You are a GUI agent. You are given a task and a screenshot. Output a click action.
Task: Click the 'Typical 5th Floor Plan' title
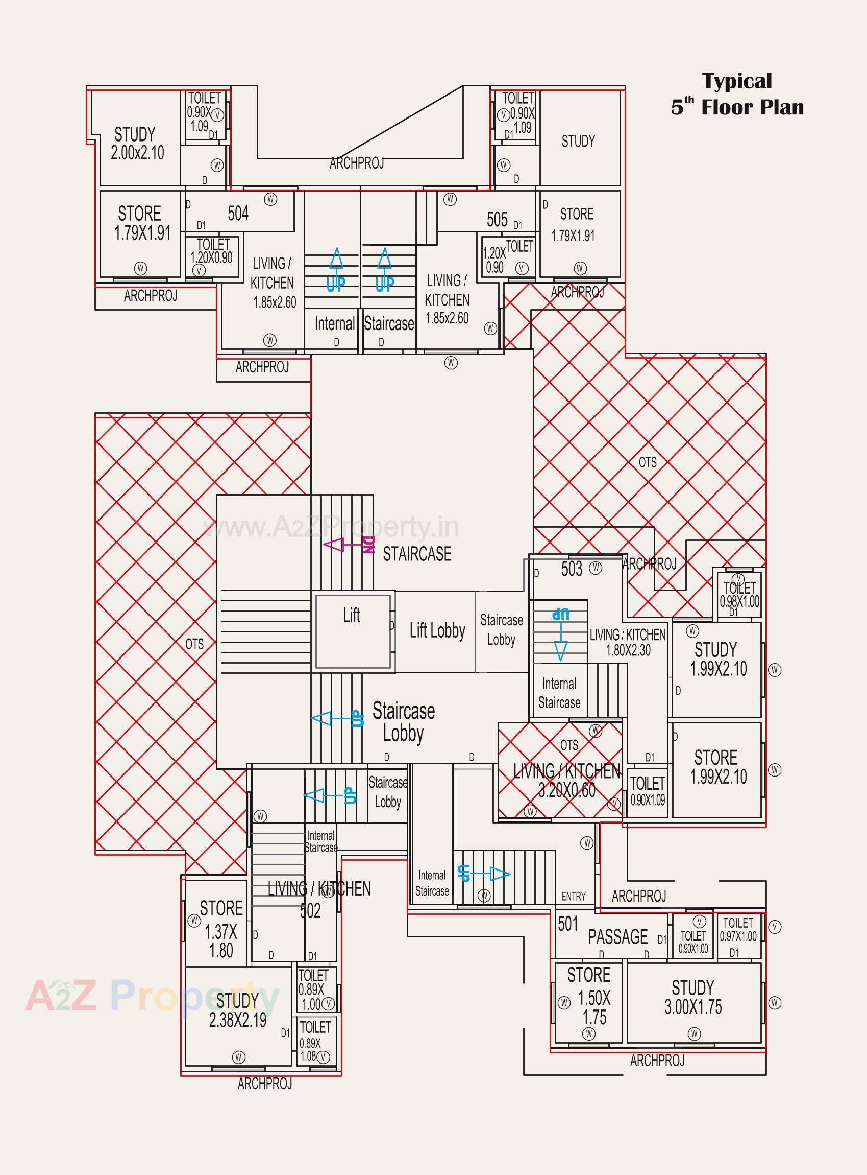pos(737,95)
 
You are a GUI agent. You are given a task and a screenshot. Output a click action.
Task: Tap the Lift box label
pos(351,615)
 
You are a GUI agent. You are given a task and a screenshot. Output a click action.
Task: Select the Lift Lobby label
pos(437,631)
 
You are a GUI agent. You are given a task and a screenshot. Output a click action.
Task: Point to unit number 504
pos(238,213)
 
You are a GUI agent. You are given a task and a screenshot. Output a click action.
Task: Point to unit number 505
pos(497,219)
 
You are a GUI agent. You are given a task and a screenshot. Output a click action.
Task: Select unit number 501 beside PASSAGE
pos(568,924)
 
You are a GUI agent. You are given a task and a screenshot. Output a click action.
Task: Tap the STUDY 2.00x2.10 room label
pos(136,144)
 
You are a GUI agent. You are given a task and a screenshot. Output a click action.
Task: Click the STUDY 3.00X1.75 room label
pos(693,997)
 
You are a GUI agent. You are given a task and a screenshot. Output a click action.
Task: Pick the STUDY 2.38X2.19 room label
pos(237,1010)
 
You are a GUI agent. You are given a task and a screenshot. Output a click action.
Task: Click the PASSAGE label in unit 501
pos(617,936)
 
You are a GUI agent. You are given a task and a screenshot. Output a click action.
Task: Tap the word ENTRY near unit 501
pos(573,896)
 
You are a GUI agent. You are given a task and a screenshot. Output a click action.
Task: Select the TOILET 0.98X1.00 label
pos(739,595)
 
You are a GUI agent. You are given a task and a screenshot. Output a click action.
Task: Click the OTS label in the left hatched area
pos(194,644)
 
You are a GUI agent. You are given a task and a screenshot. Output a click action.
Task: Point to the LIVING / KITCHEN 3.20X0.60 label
pos(567,780)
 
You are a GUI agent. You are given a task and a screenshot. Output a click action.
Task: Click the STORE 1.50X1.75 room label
pos(589,996)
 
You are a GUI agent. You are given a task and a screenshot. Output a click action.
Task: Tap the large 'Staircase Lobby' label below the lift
pos(403,722)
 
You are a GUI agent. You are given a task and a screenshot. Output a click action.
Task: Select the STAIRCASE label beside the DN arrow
pos(417,554)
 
